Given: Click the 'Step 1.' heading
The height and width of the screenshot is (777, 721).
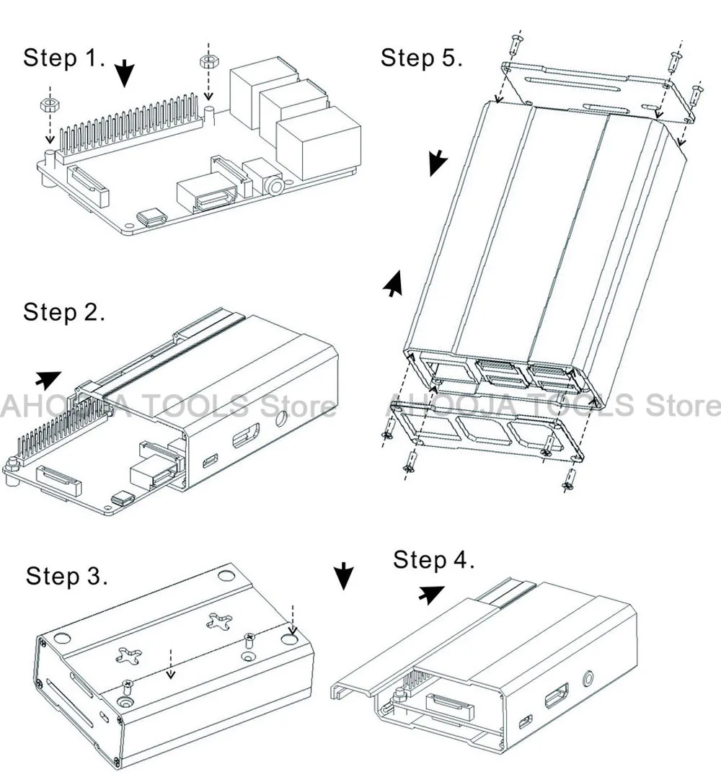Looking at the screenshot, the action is (64, 58).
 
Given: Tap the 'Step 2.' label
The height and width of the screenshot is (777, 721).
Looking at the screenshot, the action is (64, 312).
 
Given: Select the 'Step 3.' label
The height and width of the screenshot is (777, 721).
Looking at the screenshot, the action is (66, 576).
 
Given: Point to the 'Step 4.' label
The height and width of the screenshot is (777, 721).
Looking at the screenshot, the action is (433, 560).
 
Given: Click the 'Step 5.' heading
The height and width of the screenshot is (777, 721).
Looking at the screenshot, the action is (421, 58).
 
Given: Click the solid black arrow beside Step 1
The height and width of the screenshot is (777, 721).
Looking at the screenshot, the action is (125, 74).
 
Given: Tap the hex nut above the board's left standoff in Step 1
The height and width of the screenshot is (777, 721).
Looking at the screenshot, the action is (50, 105).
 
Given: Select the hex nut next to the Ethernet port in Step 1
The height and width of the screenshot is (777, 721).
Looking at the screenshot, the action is (208, 62).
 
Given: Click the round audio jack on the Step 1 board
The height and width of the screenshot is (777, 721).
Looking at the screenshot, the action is (274, 185).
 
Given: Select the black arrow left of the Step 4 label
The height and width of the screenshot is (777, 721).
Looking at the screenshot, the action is (431, 594).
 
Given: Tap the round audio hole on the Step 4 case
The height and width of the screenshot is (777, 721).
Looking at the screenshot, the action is (589, 678).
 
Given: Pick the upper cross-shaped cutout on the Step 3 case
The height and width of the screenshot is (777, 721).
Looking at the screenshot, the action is (219, 622).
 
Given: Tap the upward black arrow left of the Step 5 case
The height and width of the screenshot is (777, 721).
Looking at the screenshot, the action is (393, 284).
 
